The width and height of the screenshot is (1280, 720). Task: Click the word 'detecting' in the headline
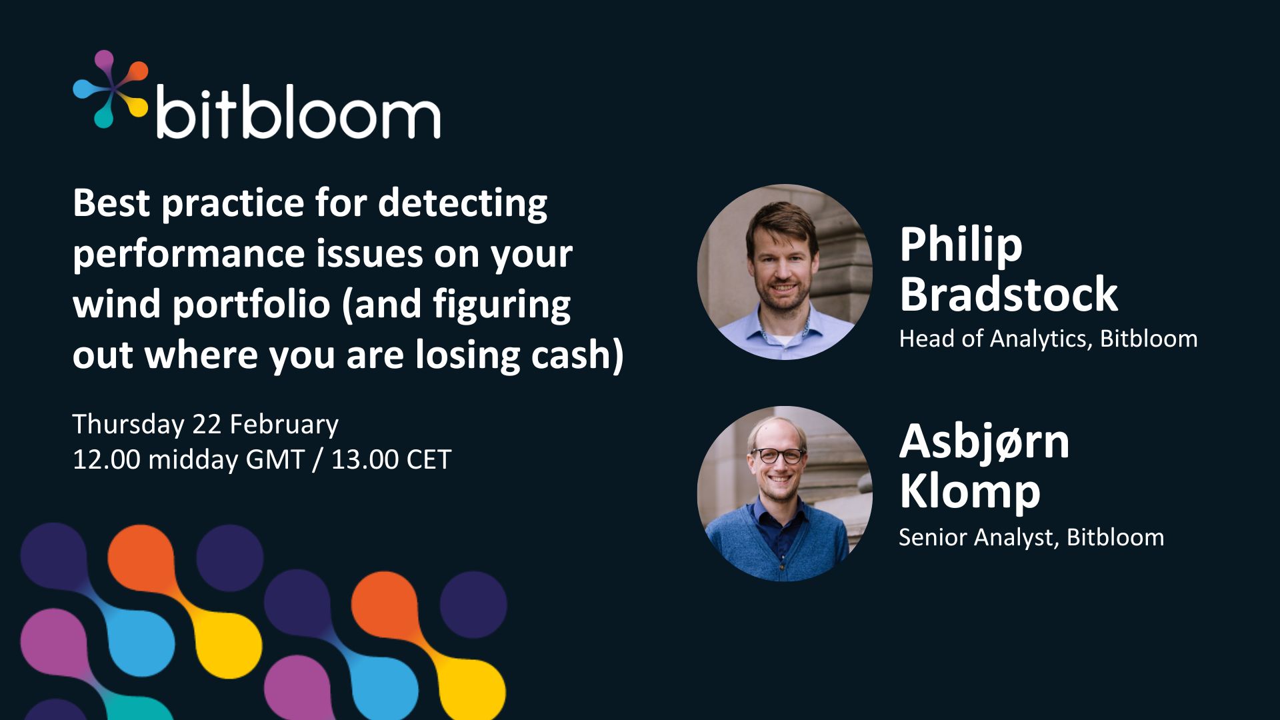(x=463, y=204)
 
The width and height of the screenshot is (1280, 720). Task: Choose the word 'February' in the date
(x=284, y=425)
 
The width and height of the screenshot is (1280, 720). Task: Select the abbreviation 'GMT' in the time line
(x=275, y=460)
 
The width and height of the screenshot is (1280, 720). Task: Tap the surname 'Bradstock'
(x=1009, y=294)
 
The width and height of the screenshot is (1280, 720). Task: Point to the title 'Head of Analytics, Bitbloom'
(x=1048, y=339)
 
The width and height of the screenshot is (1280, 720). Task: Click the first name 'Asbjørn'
(x=984, y=443)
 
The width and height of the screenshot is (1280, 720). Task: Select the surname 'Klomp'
(x=970, y=492)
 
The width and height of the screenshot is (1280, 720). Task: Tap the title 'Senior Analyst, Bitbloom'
(x=1031, y=538)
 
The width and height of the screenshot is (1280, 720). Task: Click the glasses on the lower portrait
(x=777, y=456)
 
